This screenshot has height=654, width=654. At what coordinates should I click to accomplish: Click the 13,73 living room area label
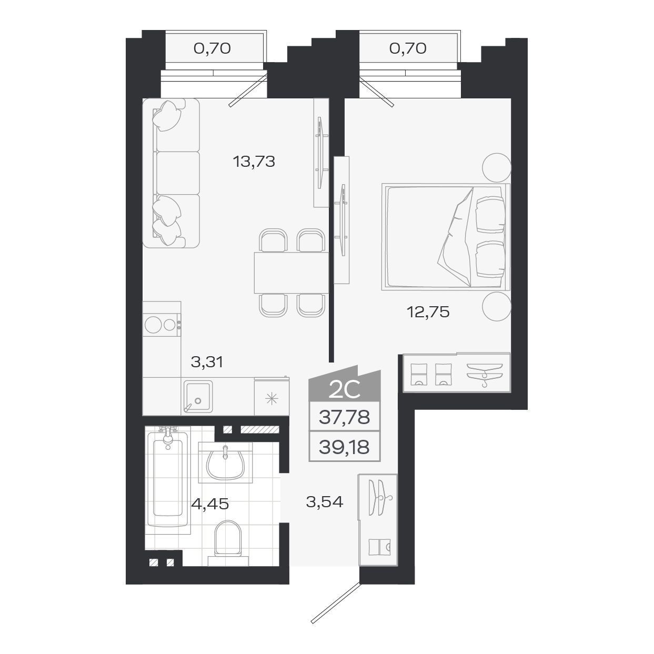click(254, 162)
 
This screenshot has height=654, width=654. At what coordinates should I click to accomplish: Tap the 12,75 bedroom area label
click(428, 313)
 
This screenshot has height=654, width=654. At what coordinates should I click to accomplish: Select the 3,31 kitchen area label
click(207, 362)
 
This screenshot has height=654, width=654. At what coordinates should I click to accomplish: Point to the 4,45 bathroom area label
click(210, 504)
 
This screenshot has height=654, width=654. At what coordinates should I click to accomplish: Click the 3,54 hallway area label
click(324, 502)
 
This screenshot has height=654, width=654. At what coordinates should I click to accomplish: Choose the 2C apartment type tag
click(344, 389)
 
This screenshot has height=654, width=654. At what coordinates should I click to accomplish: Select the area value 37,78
click(344, 418)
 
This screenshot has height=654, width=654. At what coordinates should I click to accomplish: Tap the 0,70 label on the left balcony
click(212, 49)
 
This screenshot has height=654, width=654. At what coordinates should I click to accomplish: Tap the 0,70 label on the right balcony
click(407, 49)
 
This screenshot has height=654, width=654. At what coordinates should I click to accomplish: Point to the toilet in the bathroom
click(228, 539)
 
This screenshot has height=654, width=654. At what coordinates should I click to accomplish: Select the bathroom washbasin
click(225, 462)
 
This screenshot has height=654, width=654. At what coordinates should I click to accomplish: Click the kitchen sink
click(197, 396)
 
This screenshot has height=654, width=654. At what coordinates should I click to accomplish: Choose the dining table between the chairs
click(291, 273)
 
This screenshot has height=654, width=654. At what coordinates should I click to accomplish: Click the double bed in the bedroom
click(445, 237)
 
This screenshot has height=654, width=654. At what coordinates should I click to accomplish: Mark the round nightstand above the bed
click(497, 166)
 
